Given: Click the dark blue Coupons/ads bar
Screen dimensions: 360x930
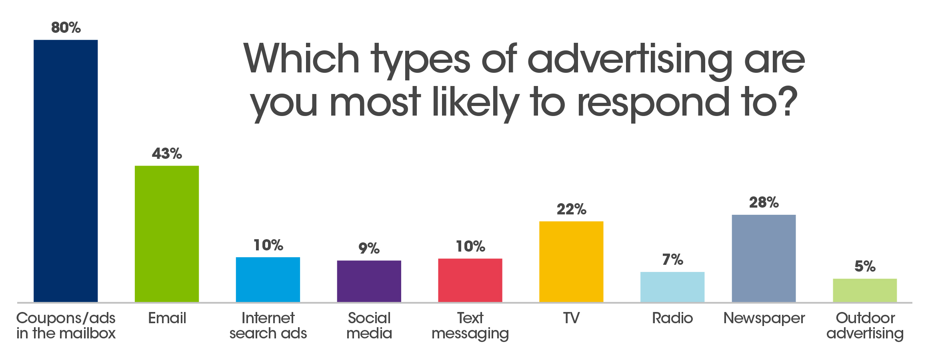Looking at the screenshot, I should click(66, 171).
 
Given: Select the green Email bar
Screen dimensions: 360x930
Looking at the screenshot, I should click(167, 234).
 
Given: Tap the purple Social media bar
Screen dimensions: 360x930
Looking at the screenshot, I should click(369, 281).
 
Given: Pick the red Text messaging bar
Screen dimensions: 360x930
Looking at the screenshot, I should click(470, 280).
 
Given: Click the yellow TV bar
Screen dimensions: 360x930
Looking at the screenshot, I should click(571, 262).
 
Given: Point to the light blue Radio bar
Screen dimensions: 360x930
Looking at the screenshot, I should click(672, 287).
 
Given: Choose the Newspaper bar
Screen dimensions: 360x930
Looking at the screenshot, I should click(764, 258).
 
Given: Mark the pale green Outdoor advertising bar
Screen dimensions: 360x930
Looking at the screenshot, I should click(865, 290).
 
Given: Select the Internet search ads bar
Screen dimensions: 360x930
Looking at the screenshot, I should click(268, 280).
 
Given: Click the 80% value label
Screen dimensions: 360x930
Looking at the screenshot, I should click(66, 28).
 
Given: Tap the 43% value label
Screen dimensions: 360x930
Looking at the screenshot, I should click(167, 154).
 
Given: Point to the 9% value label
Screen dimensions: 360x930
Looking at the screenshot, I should click(369, 248).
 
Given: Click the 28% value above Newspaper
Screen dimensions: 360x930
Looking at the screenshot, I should click(764, 203).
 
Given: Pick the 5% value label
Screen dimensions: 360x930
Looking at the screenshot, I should click(865, 266).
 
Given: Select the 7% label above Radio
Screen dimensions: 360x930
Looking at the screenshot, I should click(672, 260).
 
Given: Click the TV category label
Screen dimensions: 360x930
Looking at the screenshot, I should click(571, 318).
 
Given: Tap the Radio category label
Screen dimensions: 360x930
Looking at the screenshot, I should click(672, 318).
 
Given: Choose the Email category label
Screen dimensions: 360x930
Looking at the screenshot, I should click(167, 318).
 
